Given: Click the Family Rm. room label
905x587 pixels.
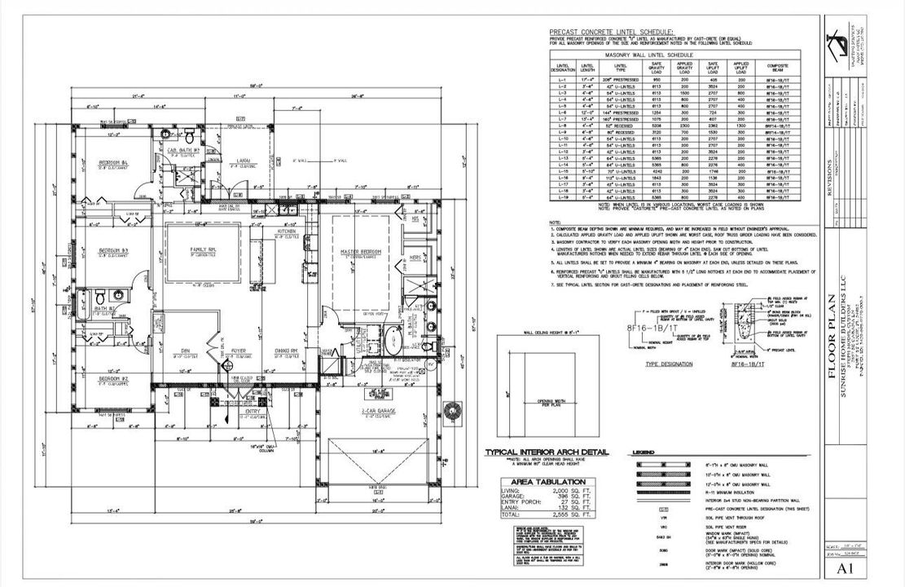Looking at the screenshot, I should tap(203, 247).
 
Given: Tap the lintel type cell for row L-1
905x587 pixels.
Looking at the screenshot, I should tap(621, 79).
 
